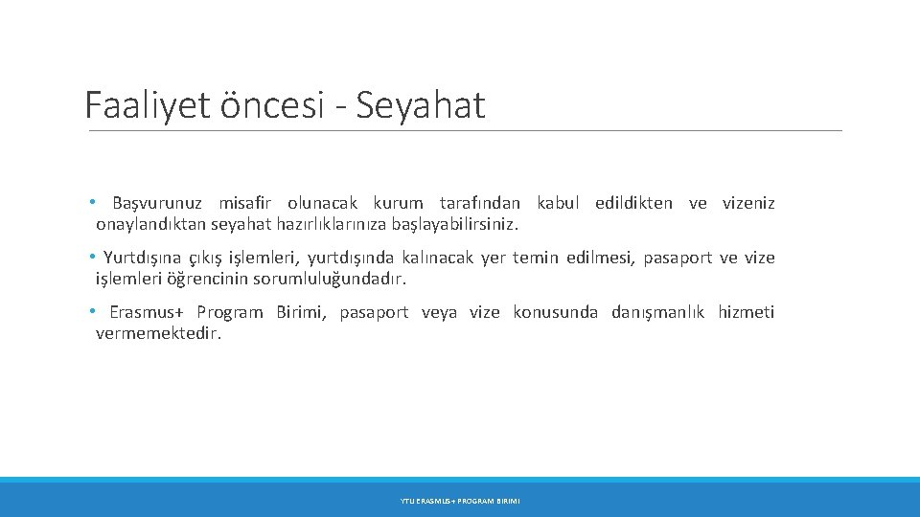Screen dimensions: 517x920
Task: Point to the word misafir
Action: click(x=245, y=203)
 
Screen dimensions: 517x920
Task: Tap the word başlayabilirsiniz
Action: click(x=453, y=225)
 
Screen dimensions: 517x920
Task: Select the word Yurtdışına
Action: click(x=141, y=258)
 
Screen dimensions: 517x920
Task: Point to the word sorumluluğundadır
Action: click(x=340, y=280)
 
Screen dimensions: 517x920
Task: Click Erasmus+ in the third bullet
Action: click(x=147, y=312)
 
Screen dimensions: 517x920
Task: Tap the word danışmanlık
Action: click(x=657, y=312)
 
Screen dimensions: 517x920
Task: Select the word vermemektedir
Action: click(x=158, y=334)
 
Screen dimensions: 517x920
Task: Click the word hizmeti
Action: click(x=746, y=312)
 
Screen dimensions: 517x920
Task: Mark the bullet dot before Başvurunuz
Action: click(x=91, y=203)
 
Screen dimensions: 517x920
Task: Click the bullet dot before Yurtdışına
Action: click(x=91, y=258)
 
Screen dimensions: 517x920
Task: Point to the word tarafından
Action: click(x=479, y=203)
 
